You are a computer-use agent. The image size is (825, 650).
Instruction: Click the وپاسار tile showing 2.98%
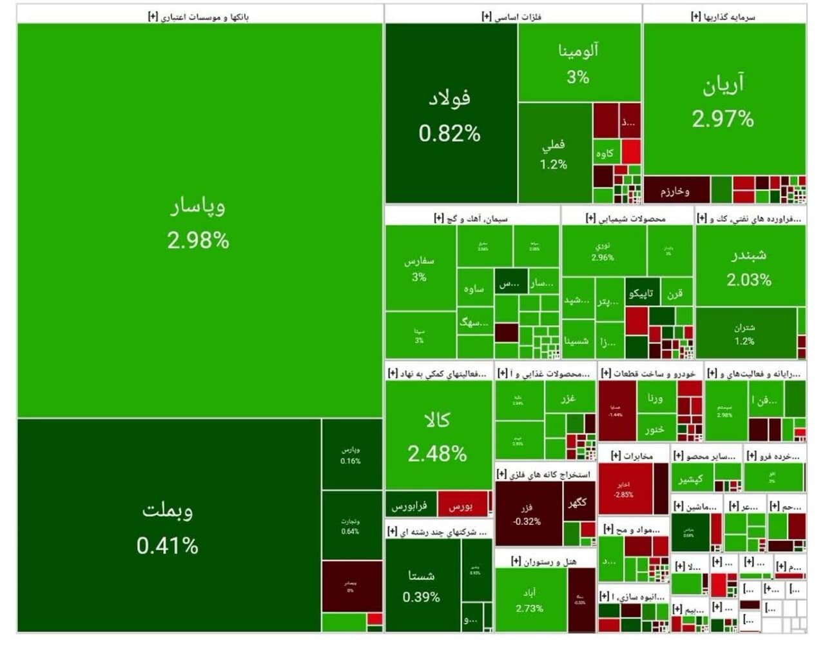199,222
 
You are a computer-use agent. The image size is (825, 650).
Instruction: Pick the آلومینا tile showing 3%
578,63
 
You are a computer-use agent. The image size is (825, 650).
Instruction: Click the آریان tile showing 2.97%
723,100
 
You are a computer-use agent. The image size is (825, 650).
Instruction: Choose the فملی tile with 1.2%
554,153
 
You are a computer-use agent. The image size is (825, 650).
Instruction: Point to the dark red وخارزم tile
675,191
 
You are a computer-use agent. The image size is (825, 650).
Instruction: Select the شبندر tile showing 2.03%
750,266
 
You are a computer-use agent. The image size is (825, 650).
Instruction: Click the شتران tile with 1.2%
745,333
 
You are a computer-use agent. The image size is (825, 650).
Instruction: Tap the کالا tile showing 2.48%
438,436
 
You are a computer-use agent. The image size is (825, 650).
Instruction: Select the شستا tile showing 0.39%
422,586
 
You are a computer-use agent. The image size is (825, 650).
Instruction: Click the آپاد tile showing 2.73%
530,600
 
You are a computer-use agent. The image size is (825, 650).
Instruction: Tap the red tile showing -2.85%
624,489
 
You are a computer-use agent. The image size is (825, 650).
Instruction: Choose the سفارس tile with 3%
420,268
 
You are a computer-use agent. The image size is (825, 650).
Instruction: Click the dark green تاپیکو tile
641,293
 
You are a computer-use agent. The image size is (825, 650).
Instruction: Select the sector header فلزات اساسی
512,16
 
